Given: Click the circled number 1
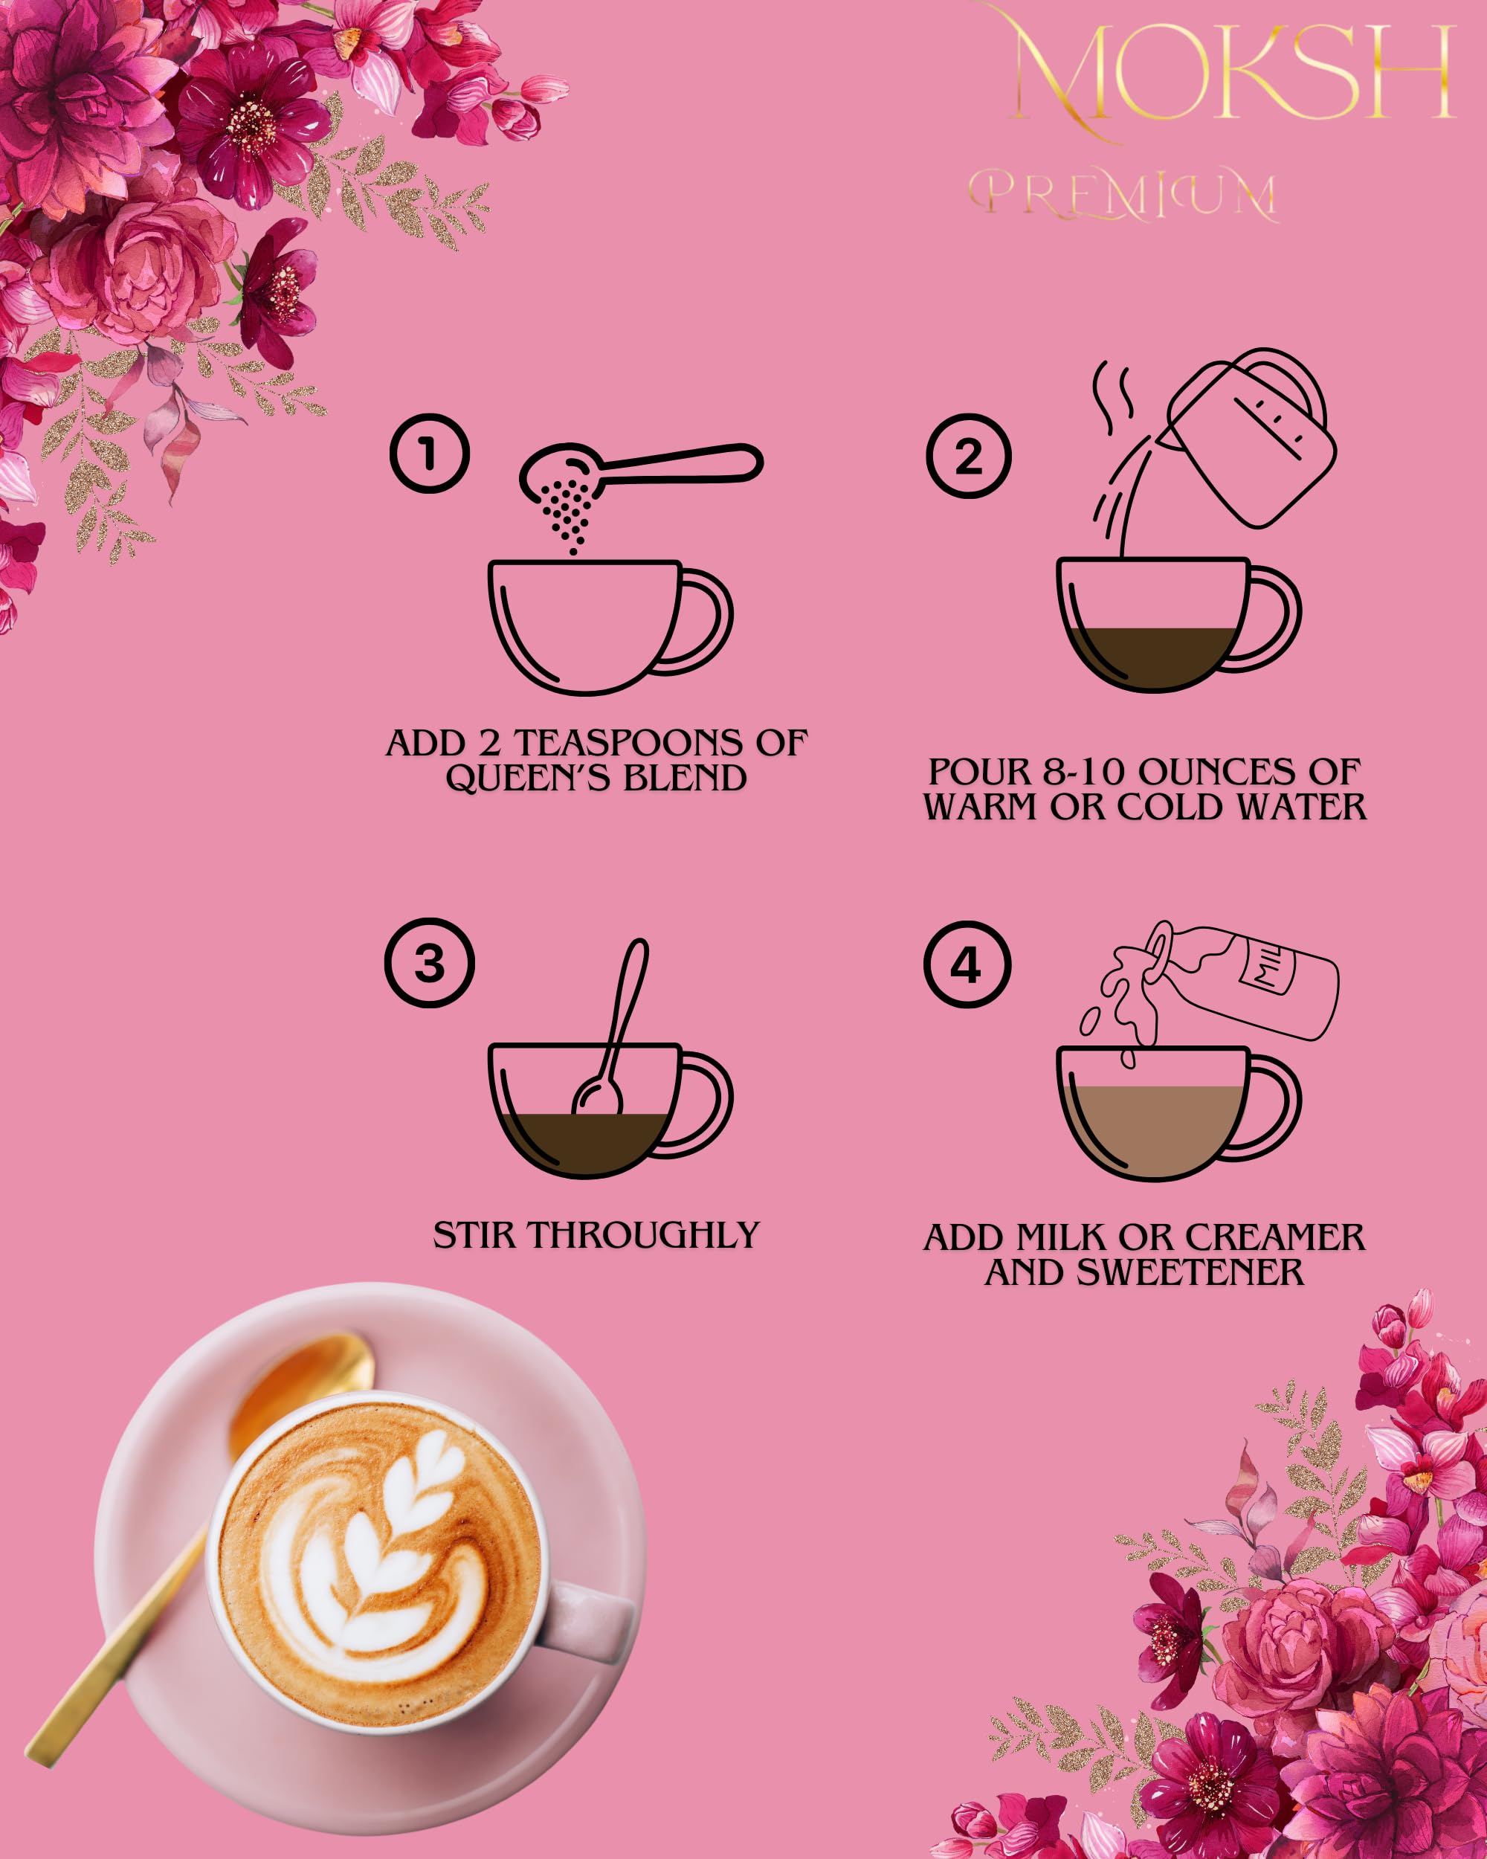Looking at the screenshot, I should [429, 454].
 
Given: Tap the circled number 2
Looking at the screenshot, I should [968, 456].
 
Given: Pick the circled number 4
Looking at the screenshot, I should [967, 965].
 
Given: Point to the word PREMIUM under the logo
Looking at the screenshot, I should [1121, 195].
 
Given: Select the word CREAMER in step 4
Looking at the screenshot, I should [1275, 1237].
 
